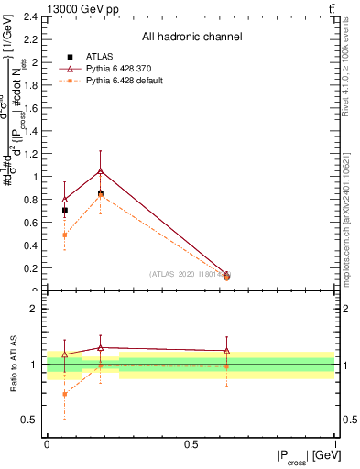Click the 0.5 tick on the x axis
click(191, 443)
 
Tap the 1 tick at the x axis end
click(336, 443)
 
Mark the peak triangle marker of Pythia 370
click(100, 170)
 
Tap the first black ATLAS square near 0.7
click(64, 210)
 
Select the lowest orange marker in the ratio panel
click(64, 394)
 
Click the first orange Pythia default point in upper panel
click(64, 234)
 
